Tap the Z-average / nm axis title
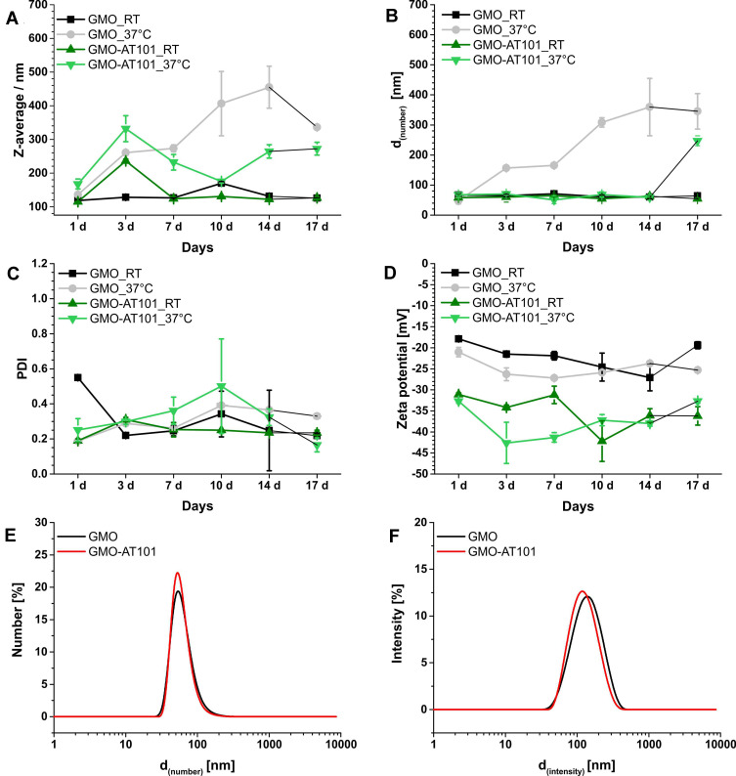pyautogui.click(x=14, y=109)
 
